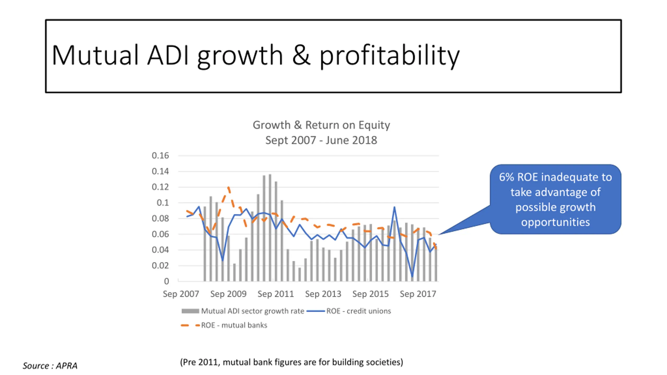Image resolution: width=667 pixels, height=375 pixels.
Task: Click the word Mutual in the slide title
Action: pyautogui.click(x=95, y=55)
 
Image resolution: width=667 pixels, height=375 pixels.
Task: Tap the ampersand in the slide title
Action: pyautogui.click(x=301, y=55)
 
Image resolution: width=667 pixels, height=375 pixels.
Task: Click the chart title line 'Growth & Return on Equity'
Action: pyautogui.click(x=321, y=125)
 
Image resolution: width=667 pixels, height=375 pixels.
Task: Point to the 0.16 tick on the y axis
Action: pyautogui.click(x=160, y=156)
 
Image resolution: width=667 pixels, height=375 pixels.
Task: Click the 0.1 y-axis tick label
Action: pyautogui.click(x=163, y=203)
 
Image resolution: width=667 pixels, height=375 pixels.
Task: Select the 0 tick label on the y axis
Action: pyautogui.click(x=166, y=281)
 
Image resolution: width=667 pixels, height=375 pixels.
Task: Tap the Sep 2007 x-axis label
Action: pyautogui.click(x=181, y=294)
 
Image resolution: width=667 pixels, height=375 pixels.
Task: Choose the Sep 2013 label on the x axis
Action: pyautogui.click(x=323, y=294)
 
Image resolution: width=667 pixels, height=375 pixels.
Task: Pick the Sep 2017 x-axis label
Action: pyautogui.click(x=418, y=294)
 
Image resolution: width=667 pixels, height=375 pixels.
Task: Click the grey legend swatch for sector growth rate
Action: pyautogui.click(x=190, y=311)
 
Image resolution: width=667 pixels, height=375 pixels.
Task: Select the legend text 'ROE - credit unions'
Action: pyautogui.click(x=359, y=311)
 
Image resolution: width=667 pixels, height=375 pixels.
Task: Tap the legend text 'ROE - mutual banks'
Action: pyautogui.click(x=234, y=325)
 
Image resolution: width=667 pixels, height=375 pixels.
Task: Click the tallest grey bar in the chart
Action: pyautogui.click(x=270, y=227)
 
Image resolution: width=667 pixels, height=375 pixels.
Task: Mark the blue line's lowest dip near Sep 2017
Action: pyautogui.click(x=412, y=276)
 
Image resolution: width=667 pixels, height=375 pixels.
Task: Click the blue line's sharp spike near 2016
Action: pyautogui.click(x=394, y=207)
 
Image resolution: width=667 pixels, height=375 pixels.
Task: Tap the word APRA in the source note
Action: pyautogui.click(x=67, y=366)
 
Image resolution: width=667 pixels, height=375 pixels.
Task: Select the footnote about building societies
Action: pyautogui.click(x=291, y=362)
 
